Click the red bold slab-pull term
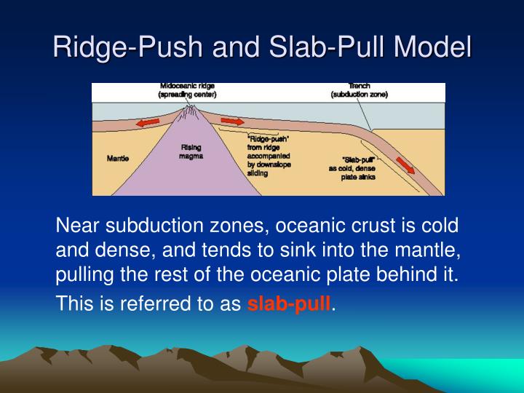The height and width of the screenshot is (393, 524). [x=289, y=303]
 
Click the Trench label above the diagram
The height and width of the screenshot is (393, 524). [x=359, y=87]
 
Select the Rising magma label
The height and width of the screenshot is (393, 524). [x=191, y=151]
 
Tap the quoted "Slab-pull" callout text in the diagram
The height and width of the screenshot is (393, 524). [x=358, y=159]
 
